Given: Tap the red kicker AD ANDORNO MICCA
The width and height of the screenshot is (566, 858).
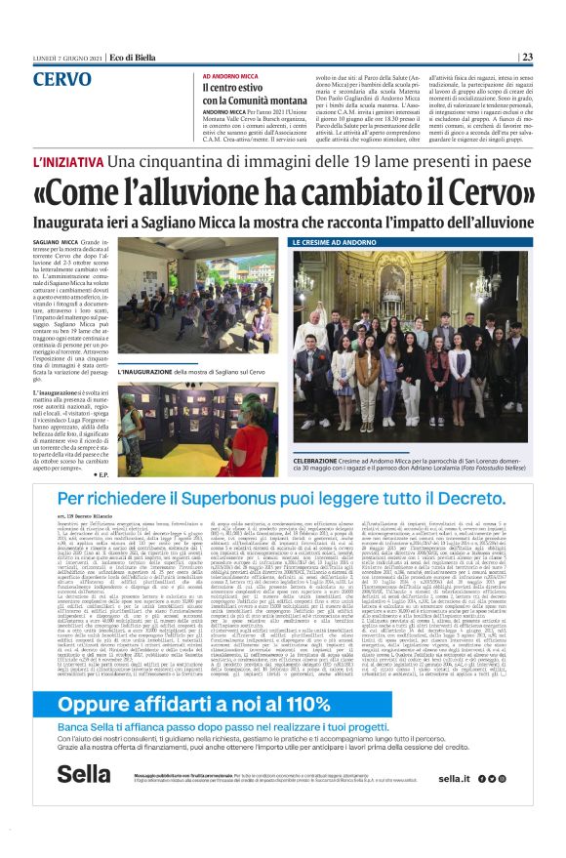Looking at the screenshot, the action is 234,76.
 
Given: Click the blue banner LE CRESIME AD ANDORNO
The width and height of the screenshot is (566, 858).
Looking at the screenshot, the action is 342,240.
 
